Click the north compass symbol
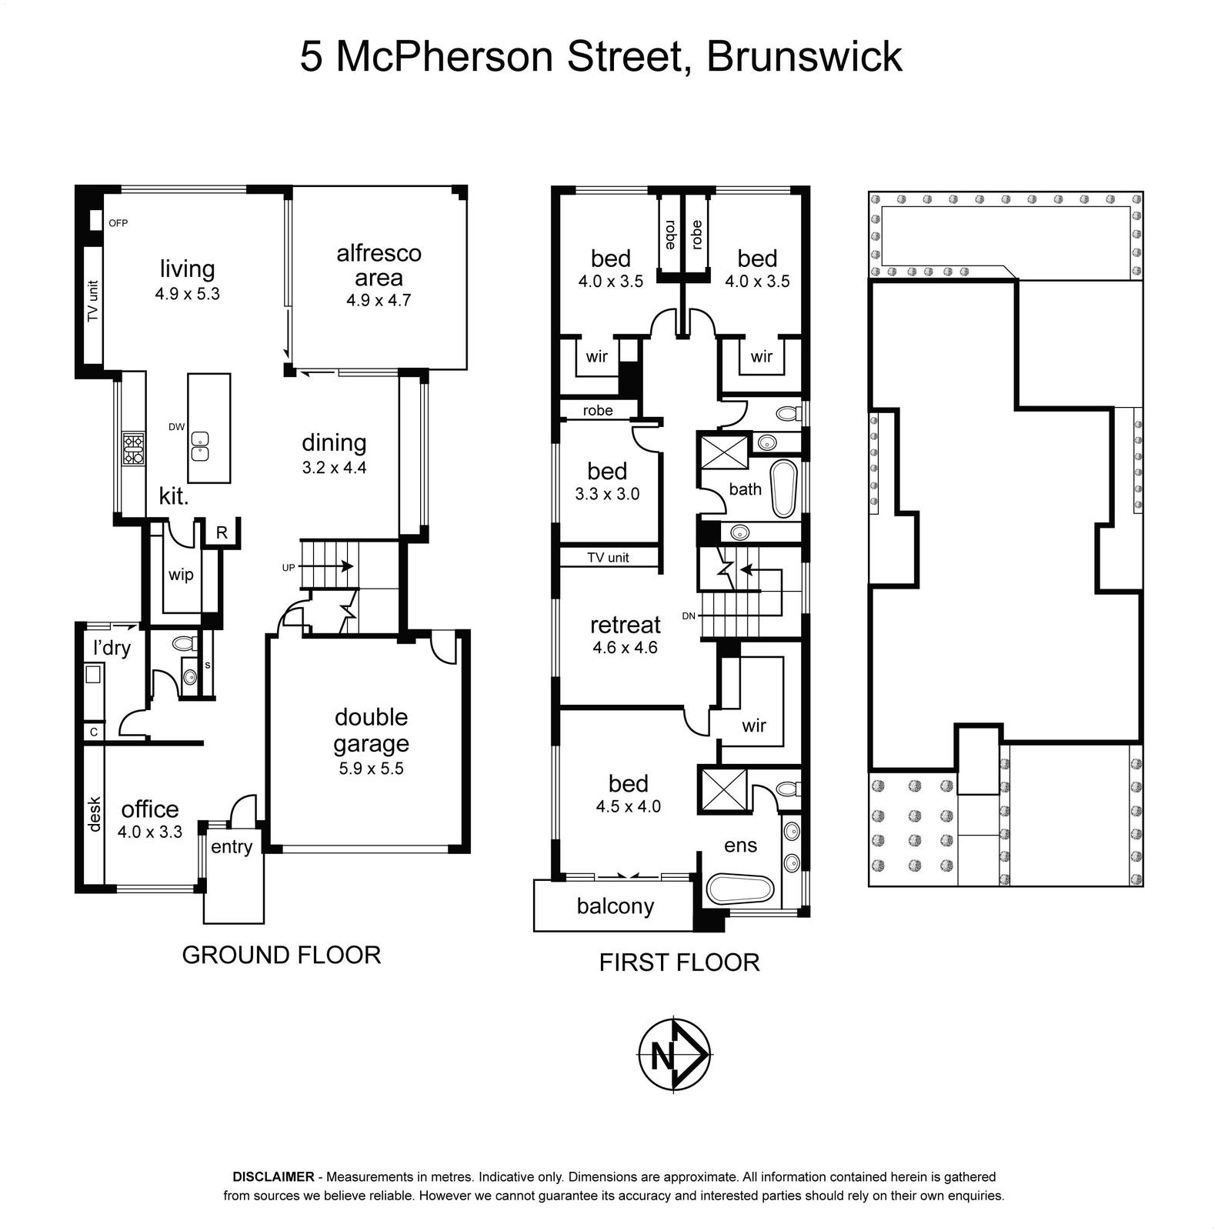tap(676, 1054)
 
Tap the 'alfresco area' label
tap(379, 265)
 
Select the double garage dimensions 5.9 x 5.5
tap(371, 769)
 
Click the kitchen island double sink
tap(200, 446)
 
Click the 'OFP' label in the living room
tap(118, 223)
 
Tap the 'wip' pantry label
tap(181, 575)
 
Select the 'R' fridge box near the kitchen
tap(222, 532)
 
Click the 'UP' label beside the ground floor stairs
tap(289, 568)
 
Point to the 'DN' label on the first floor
tap(689, 615)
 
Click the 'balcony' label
tap(616, 906)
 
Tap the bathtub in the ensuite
tap(739, 889)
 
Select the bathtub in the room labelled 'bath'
tap(783, 489)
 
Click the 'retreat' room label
tap(626, 625)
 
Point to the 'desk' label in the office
tap(95, 814)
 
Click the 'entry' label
tap(232, 847)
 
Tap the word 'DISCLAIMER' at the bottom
tap(273, 1176)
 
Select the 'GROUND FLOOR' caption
tap(282, 955)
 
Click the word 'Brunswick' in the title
tap(804, 57)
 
